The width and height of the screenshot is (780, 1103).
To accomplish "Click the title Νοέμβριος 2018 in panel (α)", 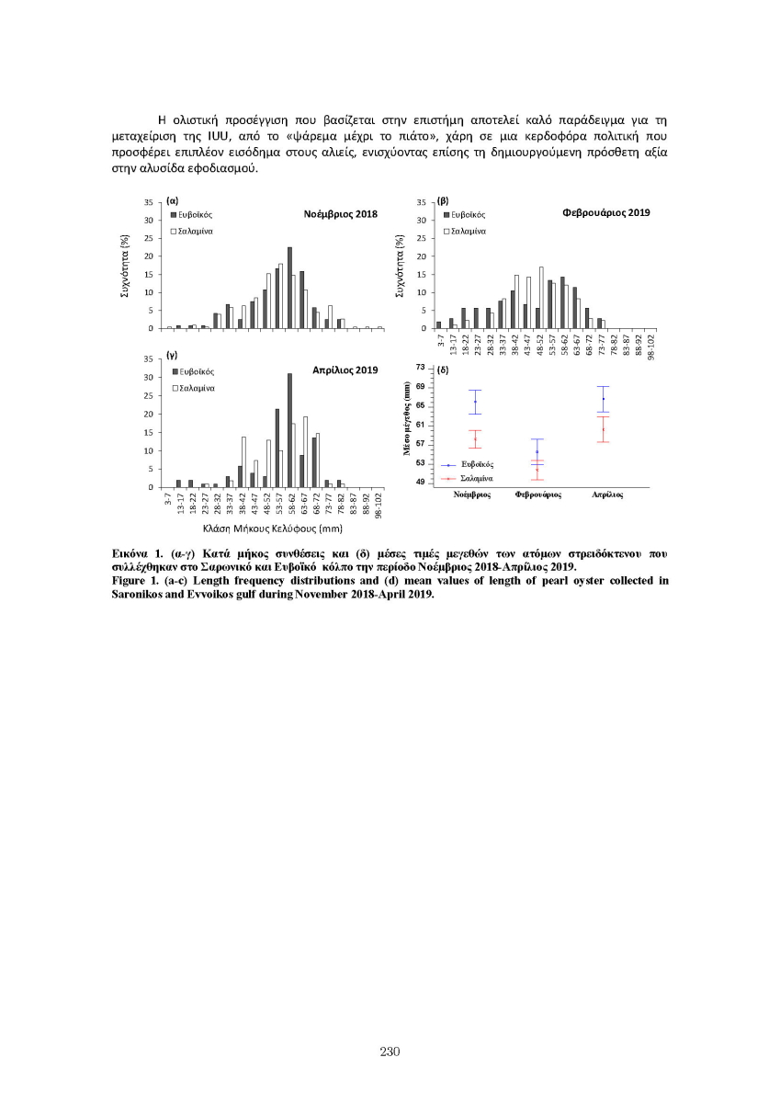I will pos(340,213).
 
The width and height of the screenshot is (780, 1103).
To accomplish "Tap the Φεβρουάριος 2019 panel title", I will pos(605,212).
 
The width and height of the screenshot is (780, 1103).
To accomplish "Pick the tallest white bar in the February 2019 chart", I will pos(541,298).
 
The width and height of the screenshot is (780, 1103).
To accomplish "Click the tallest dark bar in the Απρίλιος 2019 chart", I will pos(289,430).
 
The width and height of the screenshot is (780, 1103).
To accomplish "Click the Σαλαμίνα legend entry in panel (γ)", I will pos(193,388).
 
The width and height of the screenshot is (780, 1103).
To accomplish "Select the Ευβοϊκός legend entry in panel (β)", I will pos(468,214).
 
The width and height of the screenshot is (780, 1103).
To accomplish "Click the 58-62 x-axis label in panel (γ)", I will pos(289,504).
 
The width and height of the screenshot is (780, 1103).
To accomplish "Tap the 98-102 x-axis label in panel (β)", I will pos(651,346).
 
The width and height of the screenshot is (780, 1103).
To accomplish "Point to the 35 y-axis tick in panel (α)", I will pos(149,202).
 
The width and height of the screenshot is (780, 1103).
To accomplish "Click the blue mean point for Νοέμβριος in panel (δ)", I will pos(475,402).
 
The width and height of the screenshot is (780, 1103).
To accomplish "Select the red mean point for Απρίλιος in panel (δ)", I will pos(603,429).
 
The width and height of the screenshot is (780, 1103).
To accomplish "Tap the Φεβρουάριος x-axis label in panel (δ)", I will pos(538,494).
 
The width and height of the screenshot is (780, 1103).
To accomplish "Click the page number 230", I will pos(390,1052).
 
